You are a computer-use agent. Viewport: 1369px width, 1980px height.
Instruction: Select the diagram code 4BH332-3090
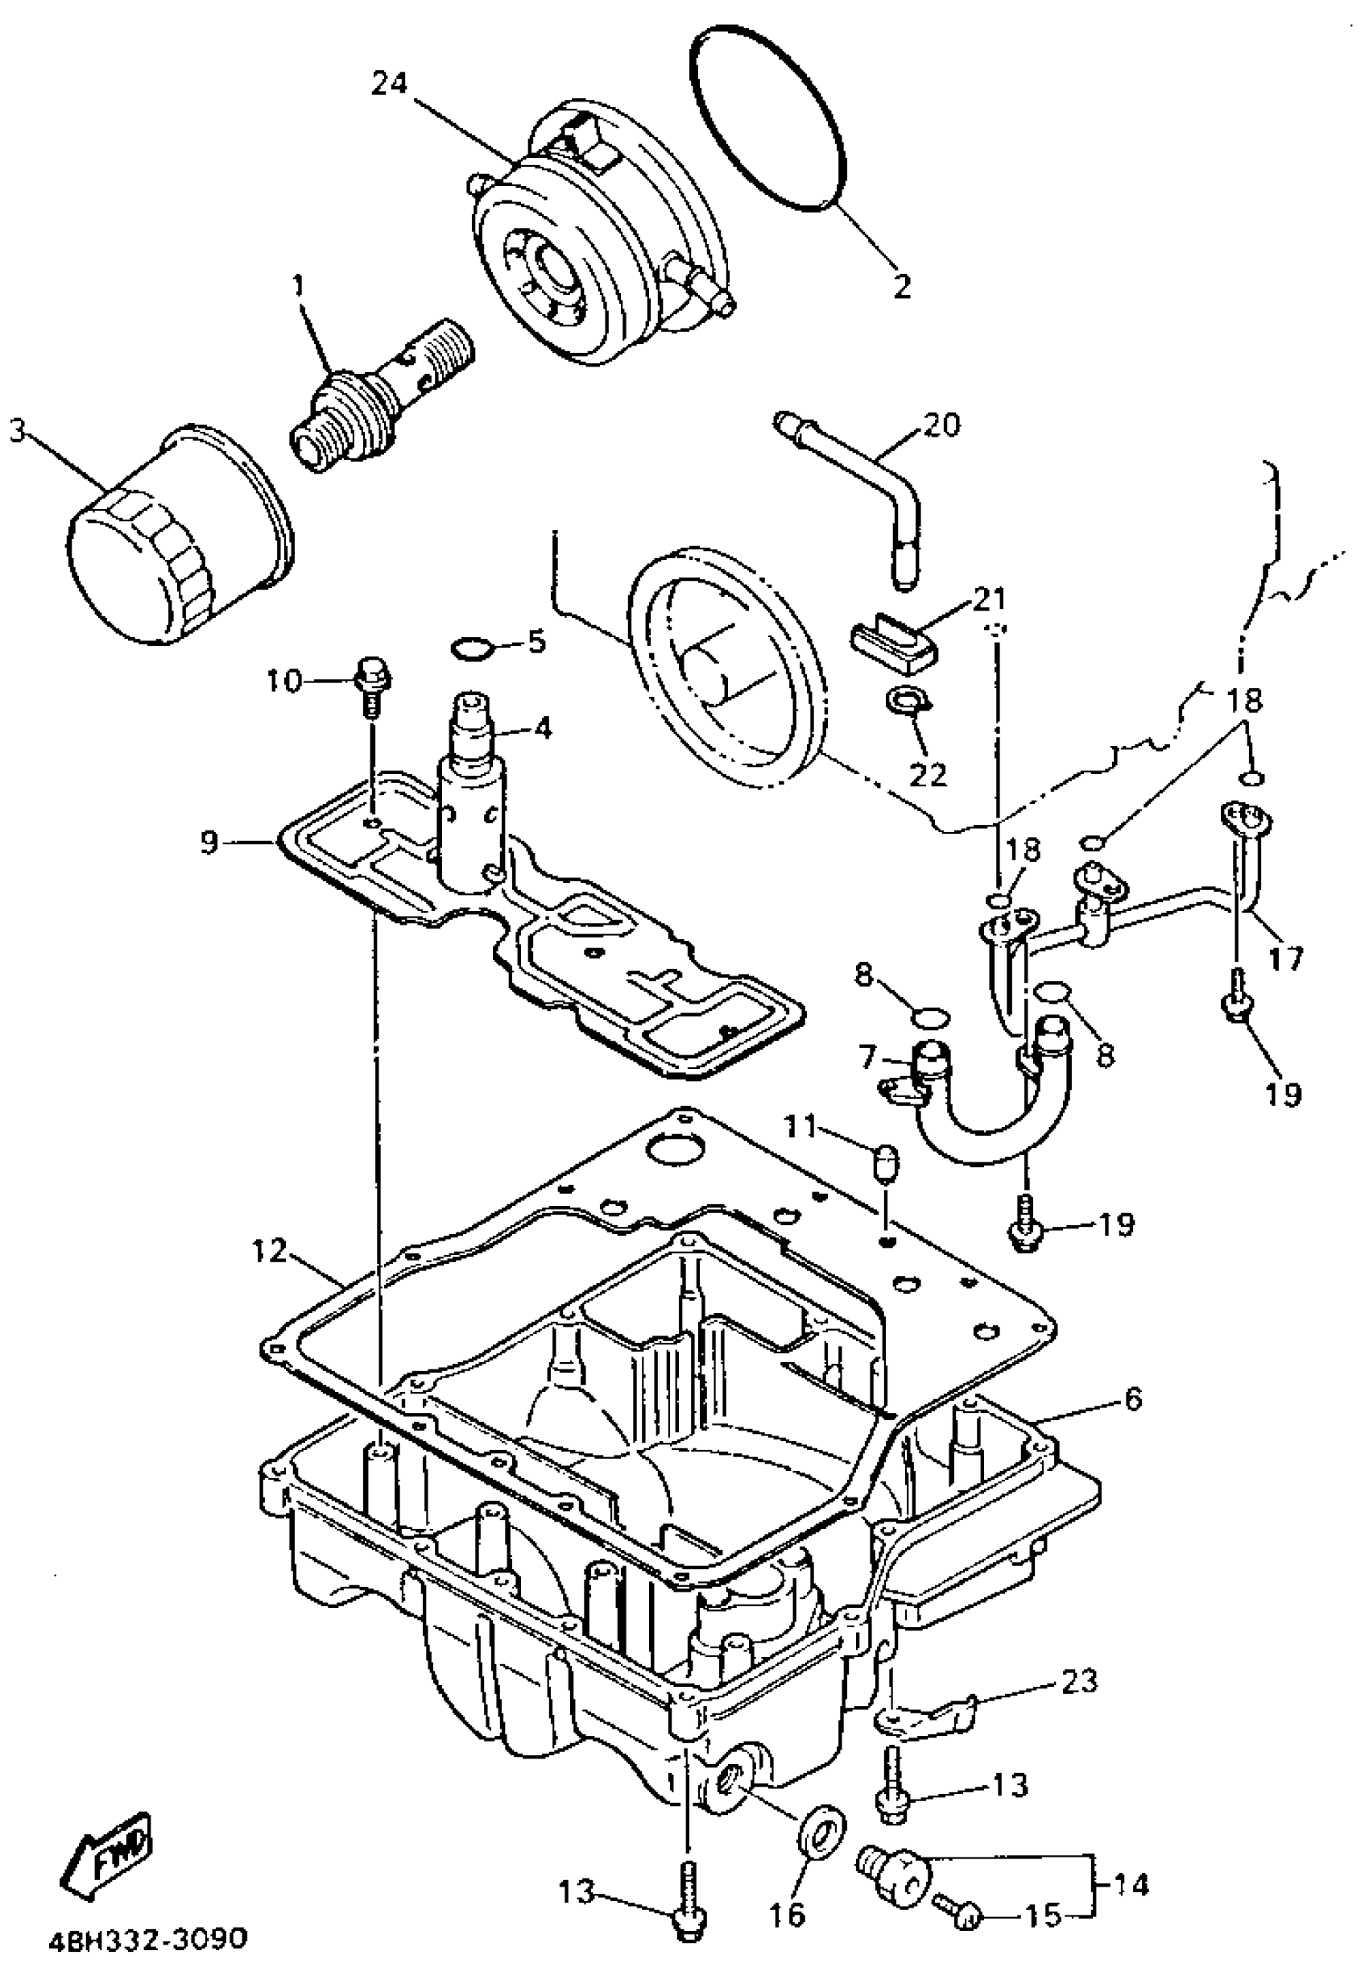click(143, 1937)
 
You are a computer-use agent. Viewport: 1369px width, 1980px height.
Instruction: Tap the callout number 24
click(391, 84)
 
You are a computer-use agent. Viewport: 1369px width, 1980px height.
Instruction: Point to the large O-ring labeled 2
click(768, 120)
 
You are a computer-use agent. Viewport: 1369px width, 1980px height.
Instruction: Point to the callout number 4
click(541, 729)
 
